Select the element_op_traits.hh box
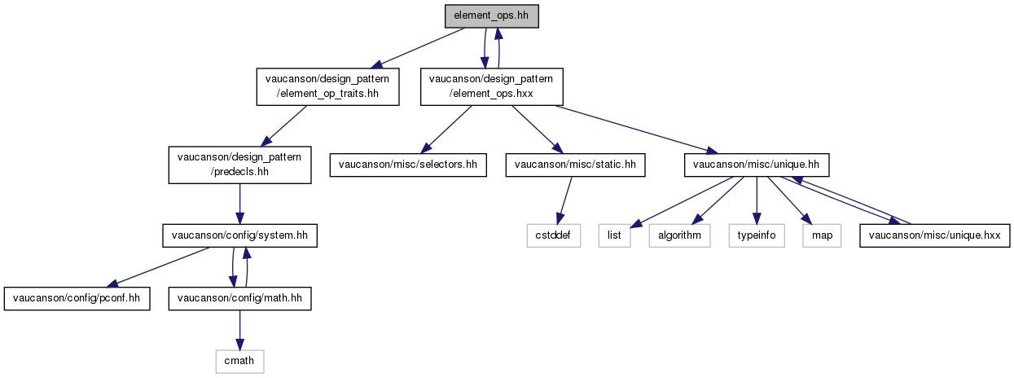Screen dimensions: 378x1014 coord(328,86)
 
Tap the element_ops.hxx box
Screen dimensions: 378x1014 coord(491,86)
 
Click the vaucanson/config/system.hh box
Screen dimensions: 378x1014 coord(239,236)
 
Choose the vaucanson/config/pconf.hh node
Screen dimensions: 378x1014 coord(77,298)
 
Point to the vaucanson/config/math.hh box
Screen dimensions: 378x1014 coord(239,298)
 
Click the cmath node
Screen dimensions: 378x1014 coord(239,360)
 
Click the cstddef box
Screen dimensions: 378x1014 coord(553,236)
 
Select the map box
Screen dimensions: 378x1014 coord(819,236)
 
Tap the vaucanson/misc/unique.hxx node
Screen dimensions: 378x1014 coord(935,236)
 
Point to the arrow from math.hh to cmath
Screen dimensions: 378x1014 coord(239,329)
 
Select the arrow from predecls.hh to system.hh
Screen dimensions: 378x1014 coord(239,199)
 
